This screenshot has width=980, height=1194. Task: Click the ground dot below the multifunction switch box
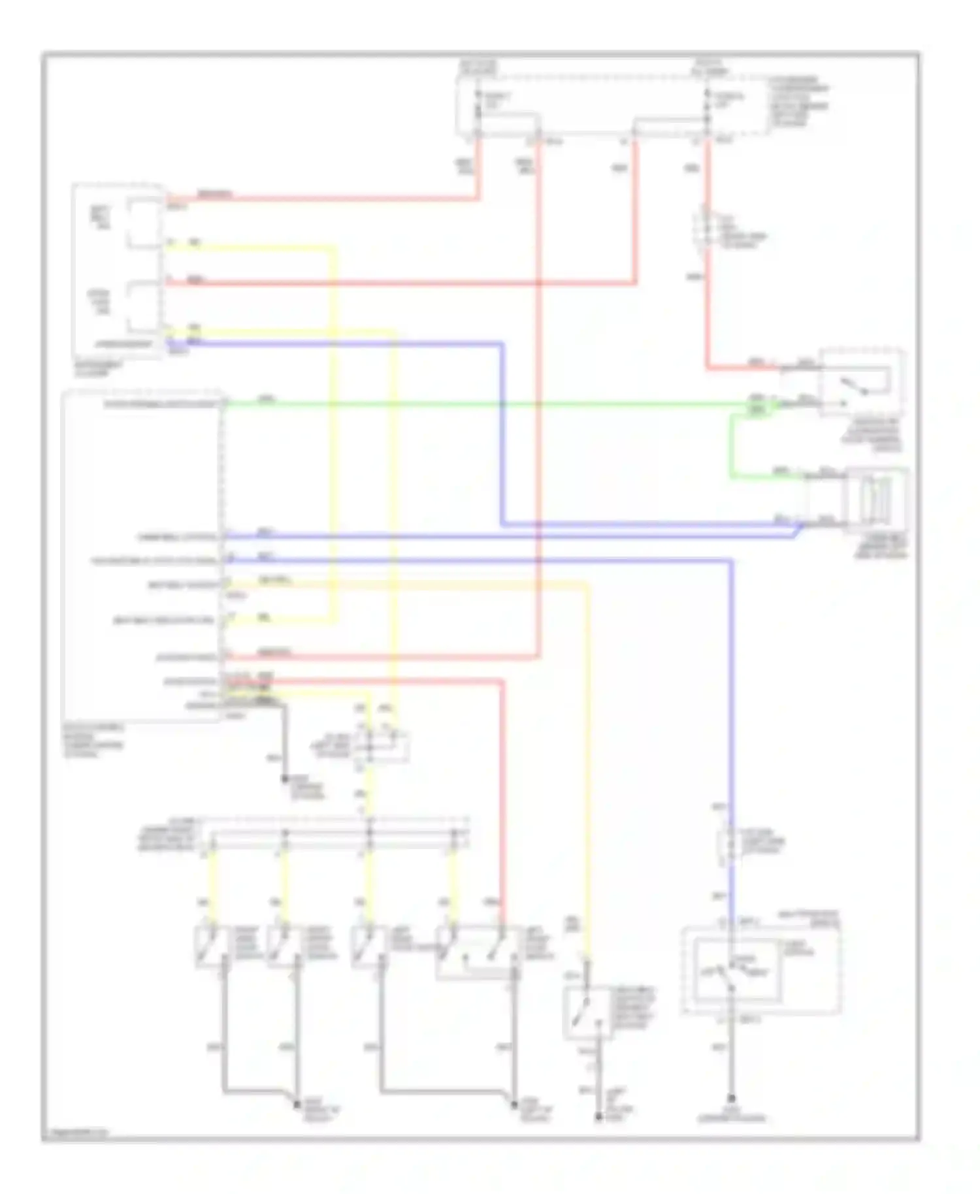coord(731,1099)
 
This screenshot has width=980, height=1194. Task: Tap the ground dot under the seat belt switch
coord(598,1117)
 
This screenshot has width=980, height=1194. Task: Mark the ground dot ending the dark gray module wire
coord(285,779)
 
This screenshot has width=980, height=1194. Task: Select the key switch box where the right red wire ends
coord(862,381)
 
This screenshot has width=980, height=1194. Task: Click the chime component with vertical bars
coord(875,498)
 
